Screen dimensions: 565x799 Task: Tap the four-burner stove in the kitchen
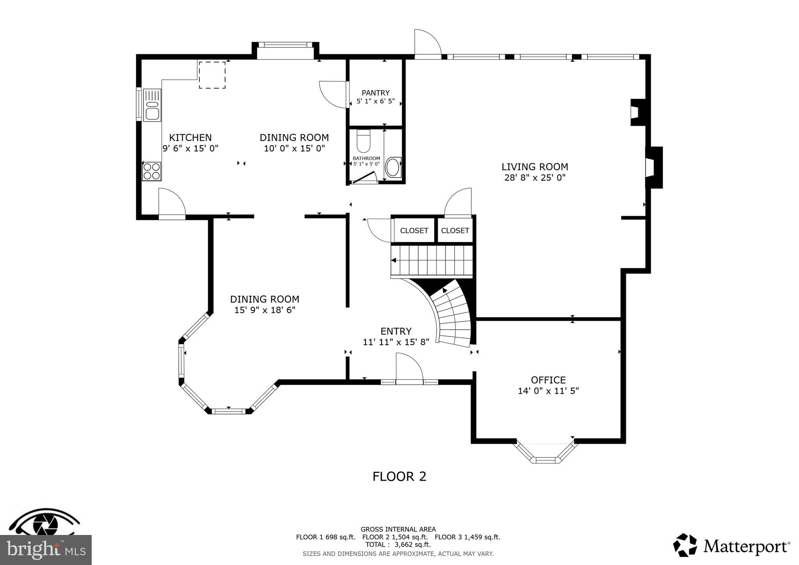pyautogui.click(x=152, y=171)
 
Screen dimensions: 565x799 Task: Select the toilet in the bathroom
pyautogui.click(x=363, y=141)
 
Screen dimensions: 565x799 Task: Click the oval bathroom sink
pyautogui.click(x=392, y=167)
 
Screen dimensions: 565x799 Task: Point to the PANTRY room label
pyautogui.click(x=375, y=93)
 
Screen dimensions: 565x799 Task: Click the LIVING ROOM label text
pyautogui.click(x=534, y=167)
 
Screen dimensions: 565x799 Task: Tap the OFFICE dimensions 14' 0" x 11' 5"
pyautogui.click(x=548, y=391)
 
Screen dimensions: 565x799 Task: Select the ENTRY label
pyautogui.click(x=396, y=331)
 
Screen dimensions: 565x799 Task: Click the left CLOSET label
pyautogui.click(x=414, y=231)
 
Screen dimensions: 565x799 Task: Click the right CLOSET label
pyautogui.click(x=455, y=231)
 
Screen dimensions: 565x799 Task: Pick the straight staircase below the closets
pyautogui.click(x=432, y=260)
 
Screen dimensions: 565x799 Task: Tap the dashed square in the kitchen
pyautogui.click(x=212, y=75)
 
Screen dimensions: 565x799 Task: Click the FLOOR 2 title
pyautogui.click(x=399, y=476)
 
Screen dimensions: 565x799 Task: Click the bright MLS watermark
pyautogui.click(x=46, y=550)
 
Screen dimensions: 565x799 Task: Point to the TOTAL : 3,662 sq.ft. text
pyautogui.click(x=398, y=545)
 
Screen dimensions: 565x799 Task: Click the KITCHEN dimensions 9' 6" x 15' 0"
pyautogui.click(x=190, y=148)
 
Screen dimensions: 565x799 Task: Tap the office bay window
pyautogui.click(x=545, y=455)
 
